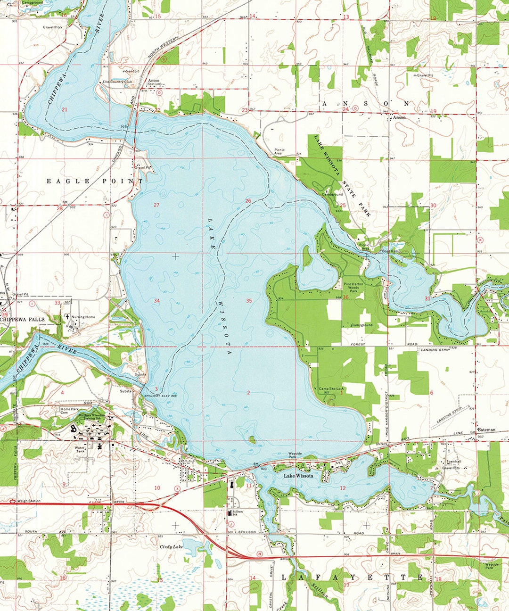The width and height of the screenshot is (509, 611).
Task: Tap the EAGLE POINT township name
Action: click(95, 181)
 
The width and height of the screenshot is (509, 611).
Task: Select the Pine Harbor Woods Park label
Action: click(354, 288)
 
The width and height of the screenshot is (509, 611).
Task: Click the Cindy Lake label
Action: click(171, 547)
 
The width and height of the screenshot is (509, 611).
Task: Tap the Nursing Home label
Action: click(83, 317)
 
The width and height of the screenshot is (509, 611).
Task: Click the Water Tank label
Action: click(80, 449)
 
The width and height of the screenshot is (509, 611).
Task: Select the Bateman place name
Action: click(486, 430)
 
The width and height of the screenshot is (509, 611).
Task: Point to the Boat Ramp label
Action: click(391, 251)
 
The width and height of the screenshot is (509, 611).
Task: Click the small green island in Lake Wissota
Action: click(252, 440)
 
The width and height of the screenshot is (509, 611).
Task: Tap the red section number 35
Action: click(249, 300)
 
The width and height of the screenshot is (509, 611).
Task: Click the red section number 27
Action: click(156, 205)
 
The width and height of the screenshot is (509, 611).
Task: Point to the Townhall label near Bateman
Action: click(448, 462)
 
